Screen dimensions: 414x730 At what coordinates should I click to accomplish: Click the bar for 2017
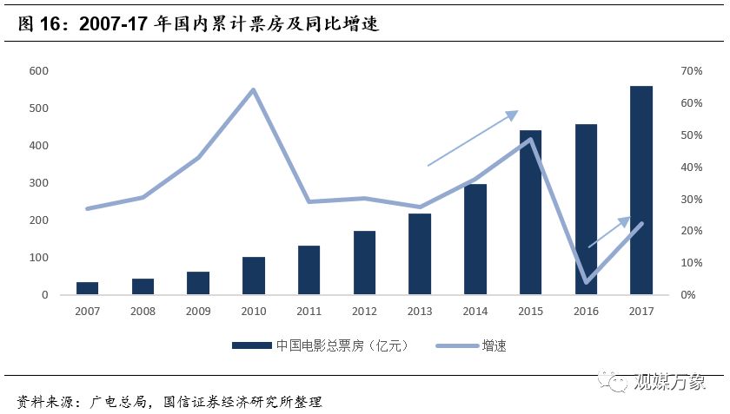tap(640, 191)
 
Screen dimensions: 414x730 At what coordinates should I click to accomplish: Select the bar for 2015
tap(530, 213)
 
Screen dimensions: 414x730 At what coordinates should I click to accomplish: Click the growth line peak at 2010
tap(253, 89)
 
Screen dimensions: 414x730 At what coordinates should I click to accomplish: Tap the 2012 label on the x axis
tap(364, 310)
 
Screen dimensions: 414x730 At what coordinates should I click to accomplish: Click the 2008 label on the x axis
tap(143, 310)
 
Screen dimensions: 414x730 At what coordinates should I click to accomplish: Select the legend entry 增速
tap(494, 345)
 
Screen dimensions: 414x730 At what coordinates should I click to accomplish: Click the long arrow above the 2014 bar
tap(472, 138)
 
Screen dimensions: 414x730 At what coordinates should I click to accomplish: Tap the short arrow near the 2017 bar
tap(609, 232)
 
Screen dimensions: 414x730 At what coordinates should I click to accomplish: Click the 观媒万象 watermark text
tap(673, 381)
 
